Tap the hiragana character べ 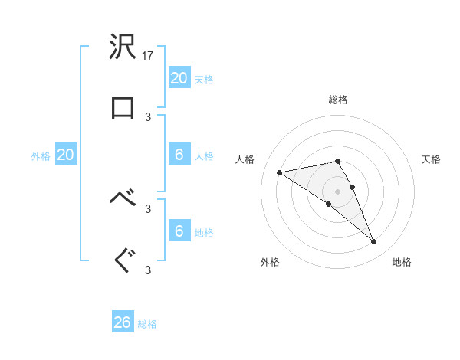tap(123, 198)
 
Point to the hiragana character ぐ tap(123, 260)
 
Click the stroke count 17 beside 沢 tap(149, 56)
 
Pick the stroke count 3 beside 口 tap(148, 117)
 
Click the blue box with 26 tap(123, 322)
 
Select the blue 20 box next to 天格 tap(179, 78)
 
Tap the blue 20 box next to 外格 tap(66, 155)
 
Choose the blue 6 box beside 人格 tap(179, 155)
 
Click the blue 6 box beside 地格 tap(179, 231)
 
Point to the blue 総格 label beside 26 tap(147, 325)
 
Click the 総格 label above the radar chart tap(338, 100)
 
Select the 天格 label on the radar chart tap(431, 159)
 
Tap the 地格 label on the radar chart tap(402, 263)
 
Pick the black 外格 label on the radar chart tap(270, 263)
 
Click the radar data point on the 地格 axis tap(373, 242)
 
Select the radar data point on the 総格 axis tap(337, 161)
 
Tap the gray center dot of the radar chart tap(337, 191)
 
